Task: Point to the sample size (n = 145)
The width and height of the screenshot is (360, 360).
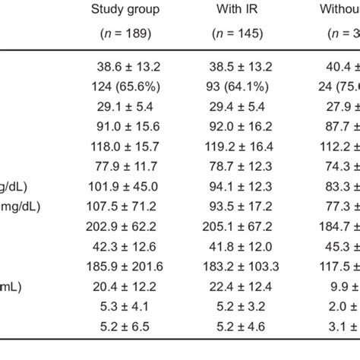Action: click(238, 33)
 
